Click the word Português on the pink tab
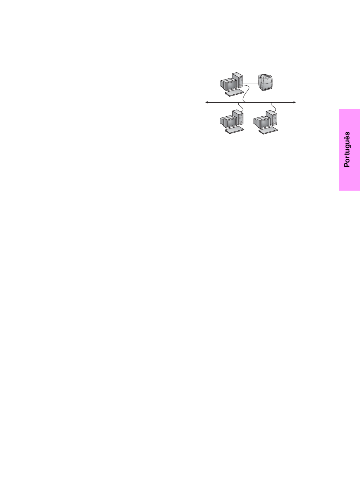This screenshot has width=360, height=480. coord(347,149)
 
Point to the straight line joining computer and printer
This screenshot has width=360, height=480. coord(250,83)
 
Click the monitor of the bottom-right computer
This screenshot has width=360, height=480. coord(261,122)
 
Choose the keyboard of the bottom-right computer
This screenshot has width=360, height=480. coord(268,130)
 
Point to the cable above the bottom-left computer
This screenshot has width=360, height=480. coord(239,106)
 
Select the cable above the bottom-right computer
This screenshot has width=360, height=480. coord(273,106)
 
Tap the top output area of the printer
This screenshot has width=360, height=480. coord(264,77)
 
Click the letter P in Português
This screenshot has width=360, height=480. coord(347,164)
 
